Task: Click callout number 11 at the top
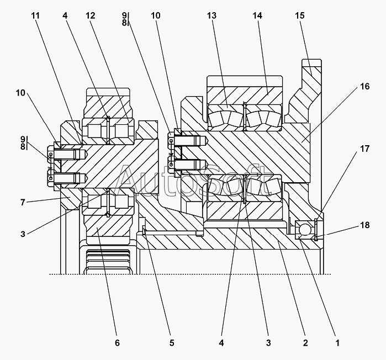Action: tap(35, 15)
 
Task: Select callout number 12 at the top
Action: tap(91, 15)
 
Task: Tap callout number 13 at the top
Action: tap(211, 15)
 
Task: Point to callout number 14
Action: tap(257, 15)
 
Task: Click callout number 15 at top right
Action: tap(300, 15)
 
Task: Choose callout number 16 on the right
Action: tap(365, 86)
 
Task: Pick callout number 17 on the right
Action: tap(365, 149)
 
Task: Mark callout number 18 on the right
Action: tap(365, 225)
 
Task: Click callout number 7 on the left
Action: tap(23, 203)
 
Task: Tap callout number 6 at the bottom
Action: tap(117, 343)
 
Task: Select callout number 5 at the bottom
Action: tap(172, 343)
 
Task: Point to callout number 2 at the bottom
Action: tap(305, 343)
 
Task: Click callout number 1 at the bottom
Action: tap(337, 343)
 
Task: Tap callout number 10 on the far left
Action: tap(20, 93)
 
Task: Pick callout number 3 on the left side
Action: tap(23, 234)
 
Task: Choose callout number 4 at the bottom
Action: tap(221, 343)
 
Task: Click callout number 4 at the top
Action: tap(65, 15)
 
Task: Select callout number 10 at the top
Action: tap(155, 15)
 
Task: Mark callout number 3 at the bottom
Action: tap(268, 343)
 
